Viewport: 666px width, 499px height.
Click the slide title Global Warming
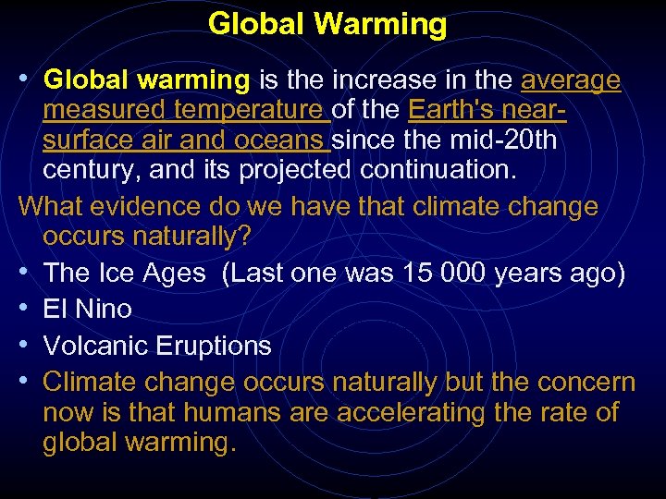(327, 24)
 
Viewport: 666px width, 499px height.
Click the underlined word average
(571, 81)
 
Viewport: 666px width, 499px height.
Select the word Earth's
(452, 112)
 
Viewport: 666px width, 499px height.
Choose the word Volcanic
(97, 346)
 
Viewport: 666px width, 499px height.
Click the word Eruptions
(215, 347)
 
